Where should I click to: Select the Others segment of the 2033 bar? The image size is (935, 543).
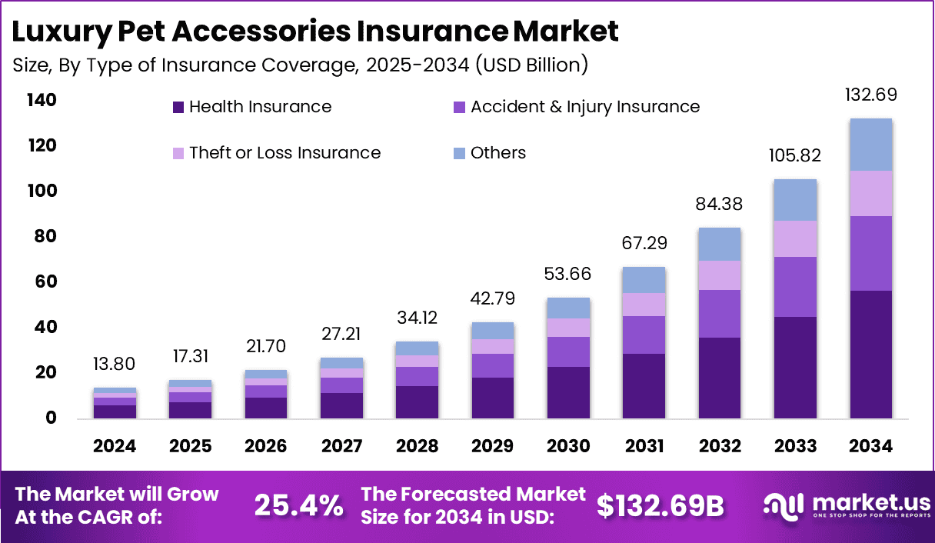point(795,200)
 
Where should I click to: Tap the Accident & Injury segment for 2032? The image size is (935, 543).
point(720,313)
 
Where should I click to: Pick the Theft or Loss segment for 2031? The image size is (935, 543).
point(644,305)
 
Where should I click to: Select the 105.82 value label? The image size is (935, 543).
point(795,156)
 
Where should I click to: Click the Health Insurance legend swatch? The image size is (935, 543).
point(178,108)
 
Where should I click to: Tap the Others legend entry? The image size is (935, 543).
point(498,153)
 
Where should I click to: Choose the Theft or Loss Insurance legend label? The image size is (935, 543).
point(284,153)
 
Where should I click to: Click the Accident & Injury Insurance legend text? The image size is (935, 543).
point(584,107)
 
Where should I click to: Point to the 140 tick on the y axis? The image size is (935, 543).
point(40,101)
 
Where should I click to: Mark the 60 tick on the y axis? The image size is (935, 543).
point(45,282)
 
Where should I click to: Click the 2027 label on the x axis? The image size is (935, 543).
point(341,447)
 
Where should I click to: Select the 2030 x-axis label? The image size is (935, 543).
point(569,447)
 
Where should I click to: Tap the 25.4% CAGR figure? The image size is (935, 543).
point(299,505)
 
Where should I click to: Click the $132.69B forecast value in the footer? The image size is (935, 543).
point(660,505)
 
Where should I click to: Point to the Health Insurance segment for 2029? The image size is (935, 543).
point(418,398)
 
